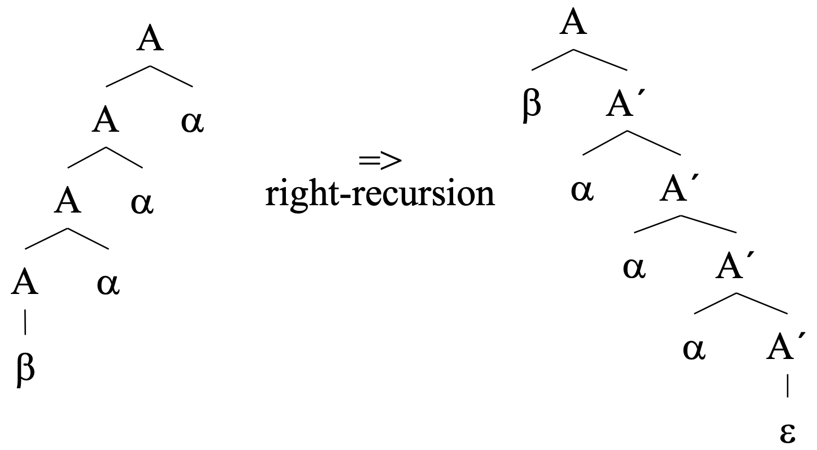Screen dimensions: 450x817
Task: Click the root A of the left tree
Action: coord(150,41)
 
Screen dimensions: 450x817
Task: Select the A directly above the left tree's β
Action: coord(24,283)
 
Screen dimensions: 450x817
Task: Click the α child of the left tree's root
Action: coord(192,122)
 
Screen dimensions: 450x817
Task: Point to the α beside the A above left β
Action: coord(108,283)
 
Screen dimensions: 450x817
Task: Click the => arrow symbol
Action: coord(380,161)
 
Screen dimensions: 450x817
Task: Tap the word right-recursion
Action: coord(380,194)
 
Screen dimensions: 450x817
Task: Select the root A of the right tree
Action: coord(573,24)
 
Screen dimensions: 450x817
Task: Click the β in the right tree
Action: coord(532,106)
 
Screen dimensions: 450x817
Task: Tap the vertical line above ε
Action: coord(788,389)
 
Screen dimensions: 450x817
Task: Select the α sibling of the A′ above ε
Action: coord(694,349)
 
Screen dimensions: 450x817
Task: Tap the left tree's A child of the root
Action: coord(106,121)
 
